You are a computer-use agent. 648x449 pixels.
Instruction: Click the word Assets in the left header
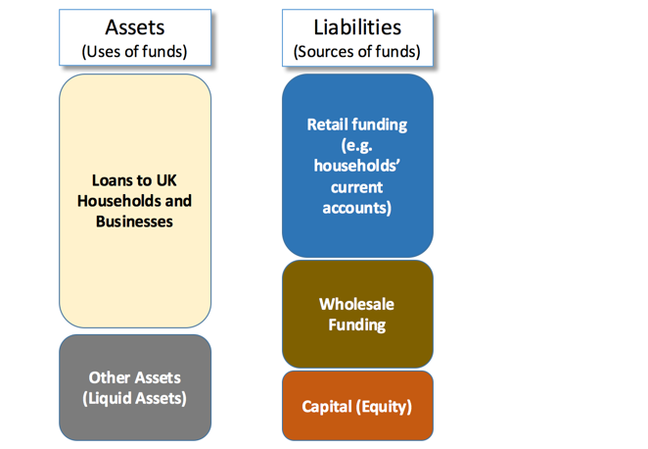(x=135, y=27)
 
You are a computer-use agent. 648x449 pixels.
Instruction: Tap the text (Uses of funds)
(x=134, y=52)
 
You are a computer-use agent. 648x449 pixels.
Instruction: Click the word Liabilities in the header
(x=357, y=27)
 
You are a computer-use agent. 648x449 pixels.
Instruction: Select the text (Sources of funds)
(x=357, y=52)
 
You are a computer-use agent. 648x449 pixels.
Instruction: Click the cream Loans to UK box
(x=135, y=201)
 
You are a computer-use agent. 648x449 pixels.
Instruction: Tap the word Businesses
(x=134, y=222)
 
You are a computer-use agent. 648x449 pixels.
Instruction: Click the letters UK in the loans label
(x=166, y=180)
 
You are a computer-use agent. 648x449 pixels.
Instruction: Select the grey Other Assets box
(x=135, y=388)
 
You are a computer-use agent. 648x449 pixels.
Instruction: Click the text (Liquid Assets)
(x=134, y=398)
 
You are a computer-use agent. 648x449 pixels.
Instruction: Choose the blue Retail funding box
(x=357, y=166)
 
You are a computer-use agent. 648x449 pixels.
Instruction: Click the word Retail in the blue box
(x=326, y=125)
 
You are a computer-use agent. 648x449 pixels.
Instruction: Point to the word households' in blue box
(x=356, y=166)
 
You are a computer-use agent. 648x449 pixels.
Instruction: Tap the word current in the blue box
(x=356, y=187)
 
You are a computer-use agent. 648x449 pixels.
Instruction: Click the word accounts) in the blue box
(x=356, y=208)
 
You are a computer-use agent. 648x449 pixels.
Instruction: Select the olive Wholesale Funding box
(x=357, y=314)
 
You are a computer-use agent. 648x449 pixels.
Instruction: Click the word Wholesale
(x=356, y=304)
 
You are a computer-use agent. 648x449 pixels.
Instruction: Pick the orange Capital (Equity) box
(x=357, y=406)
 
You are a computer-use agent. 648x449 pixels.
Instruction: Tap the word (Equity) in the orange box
(x=384, y=407)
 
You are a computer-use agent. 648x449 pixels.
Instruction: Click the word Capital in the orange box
(x=327, y=407)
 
